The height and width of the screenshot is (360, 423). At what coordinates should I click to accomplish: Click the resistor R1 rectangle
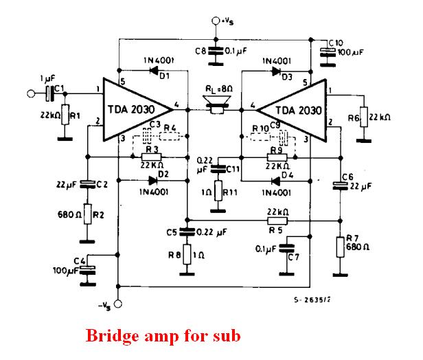64,114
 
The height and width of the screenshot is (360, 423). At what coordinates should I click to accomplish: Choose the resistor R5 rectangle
277,221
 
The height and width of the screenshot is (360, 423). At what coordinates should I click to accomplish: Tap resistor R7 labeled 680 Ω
340,246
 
